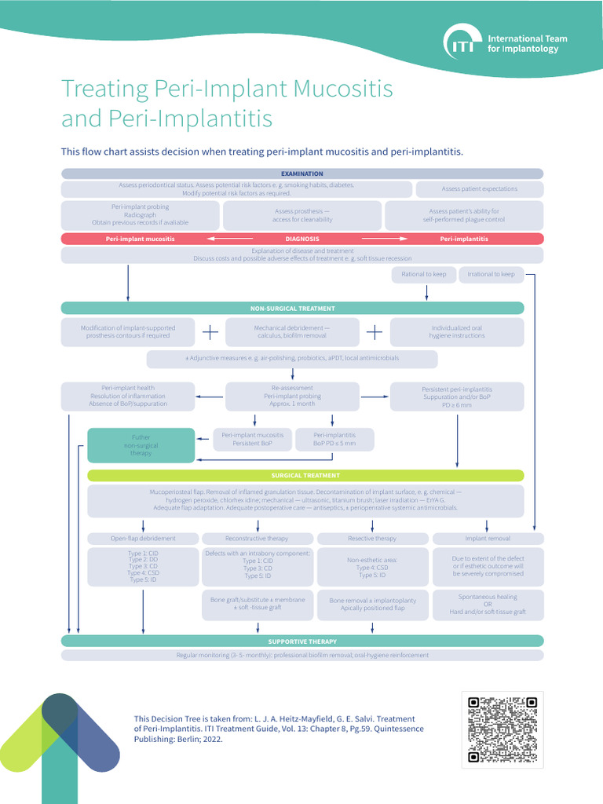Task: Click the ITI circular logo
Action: coord(461,43)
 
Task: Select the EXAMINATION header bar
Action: coord(301,174)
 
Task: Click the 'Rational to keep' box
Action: coord(424,274)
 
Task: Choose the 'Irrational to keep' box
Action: coord(492,274)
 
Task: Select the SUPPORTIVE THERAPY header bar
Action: coord(301,641)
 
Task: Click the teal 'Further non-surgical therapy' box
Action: coord(141,445)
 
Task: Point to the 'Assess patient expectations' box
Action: coord(479,189)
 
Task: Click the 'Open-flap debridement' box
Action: coord(143,539)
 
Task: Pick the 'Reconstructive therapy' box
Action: coord(257,539)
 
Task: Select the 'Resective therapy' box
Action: coord(371,539)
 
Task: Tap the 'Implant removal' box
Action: coord(488,539)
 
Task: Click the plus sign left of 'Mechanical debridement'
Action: coord(210,332)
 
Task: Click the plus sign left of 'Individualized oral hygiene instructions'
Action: coord(375,332)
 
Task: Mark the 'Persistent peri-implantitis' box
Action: coord(457,397)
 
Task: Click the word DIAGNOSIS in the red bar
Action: coord(301,239)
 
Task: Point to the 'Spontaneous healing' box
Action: coord(488,605)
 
